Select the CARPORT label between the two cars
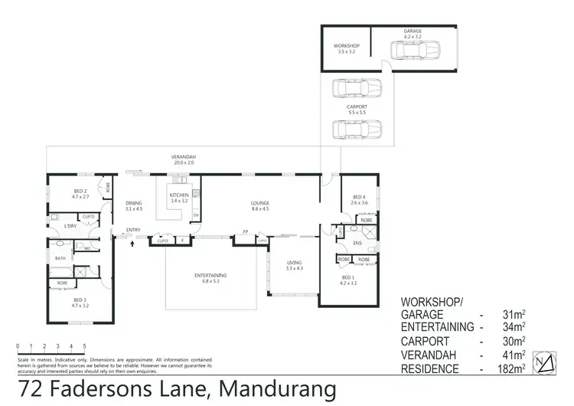(357, 106)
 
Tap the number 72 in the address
(32, 390)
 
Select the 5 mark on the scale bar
(84, 345)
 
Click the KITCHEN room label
(178, 195)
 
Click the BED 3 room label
(80, 301)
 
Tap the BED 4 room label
(360, 197)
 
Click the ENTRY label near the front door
(134, 230)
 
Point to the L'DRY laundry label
(70, 226)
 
